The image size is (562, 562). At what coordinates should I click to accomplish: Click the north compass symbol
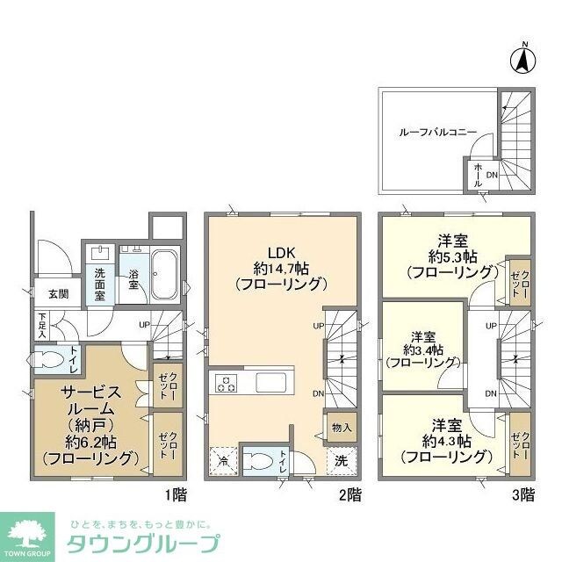(521, 60)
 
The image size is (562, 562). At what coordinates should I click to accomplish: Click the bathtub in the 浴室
(165, 274)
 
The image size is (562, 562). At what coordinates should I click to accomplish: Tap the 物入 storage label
(342, 428)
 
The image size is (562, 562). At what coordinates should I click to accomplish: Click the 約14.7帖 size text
(281, 265)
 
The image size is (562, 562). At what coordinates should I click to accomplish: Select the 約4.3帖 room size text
(445, 440)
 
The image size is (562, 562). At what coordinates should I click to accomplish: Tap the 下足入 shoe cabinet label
(42, 324)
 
